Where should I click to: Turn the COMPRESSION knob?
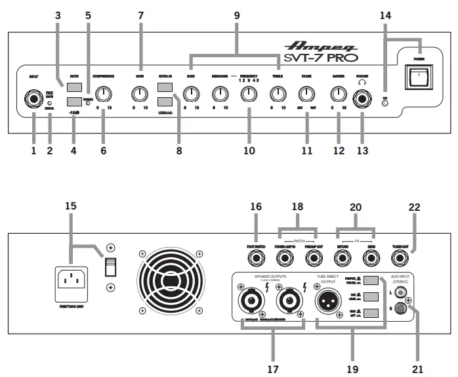coord(102,94)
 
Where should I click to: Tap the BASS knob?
coord(190,95)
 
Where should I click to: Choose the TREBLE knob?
coord(278,95)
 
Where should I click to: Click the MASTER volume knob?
coord(339,95)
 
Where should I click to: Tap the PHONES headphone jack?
coord(362,100)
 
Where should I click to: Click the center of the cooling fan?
coord(169,279)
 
